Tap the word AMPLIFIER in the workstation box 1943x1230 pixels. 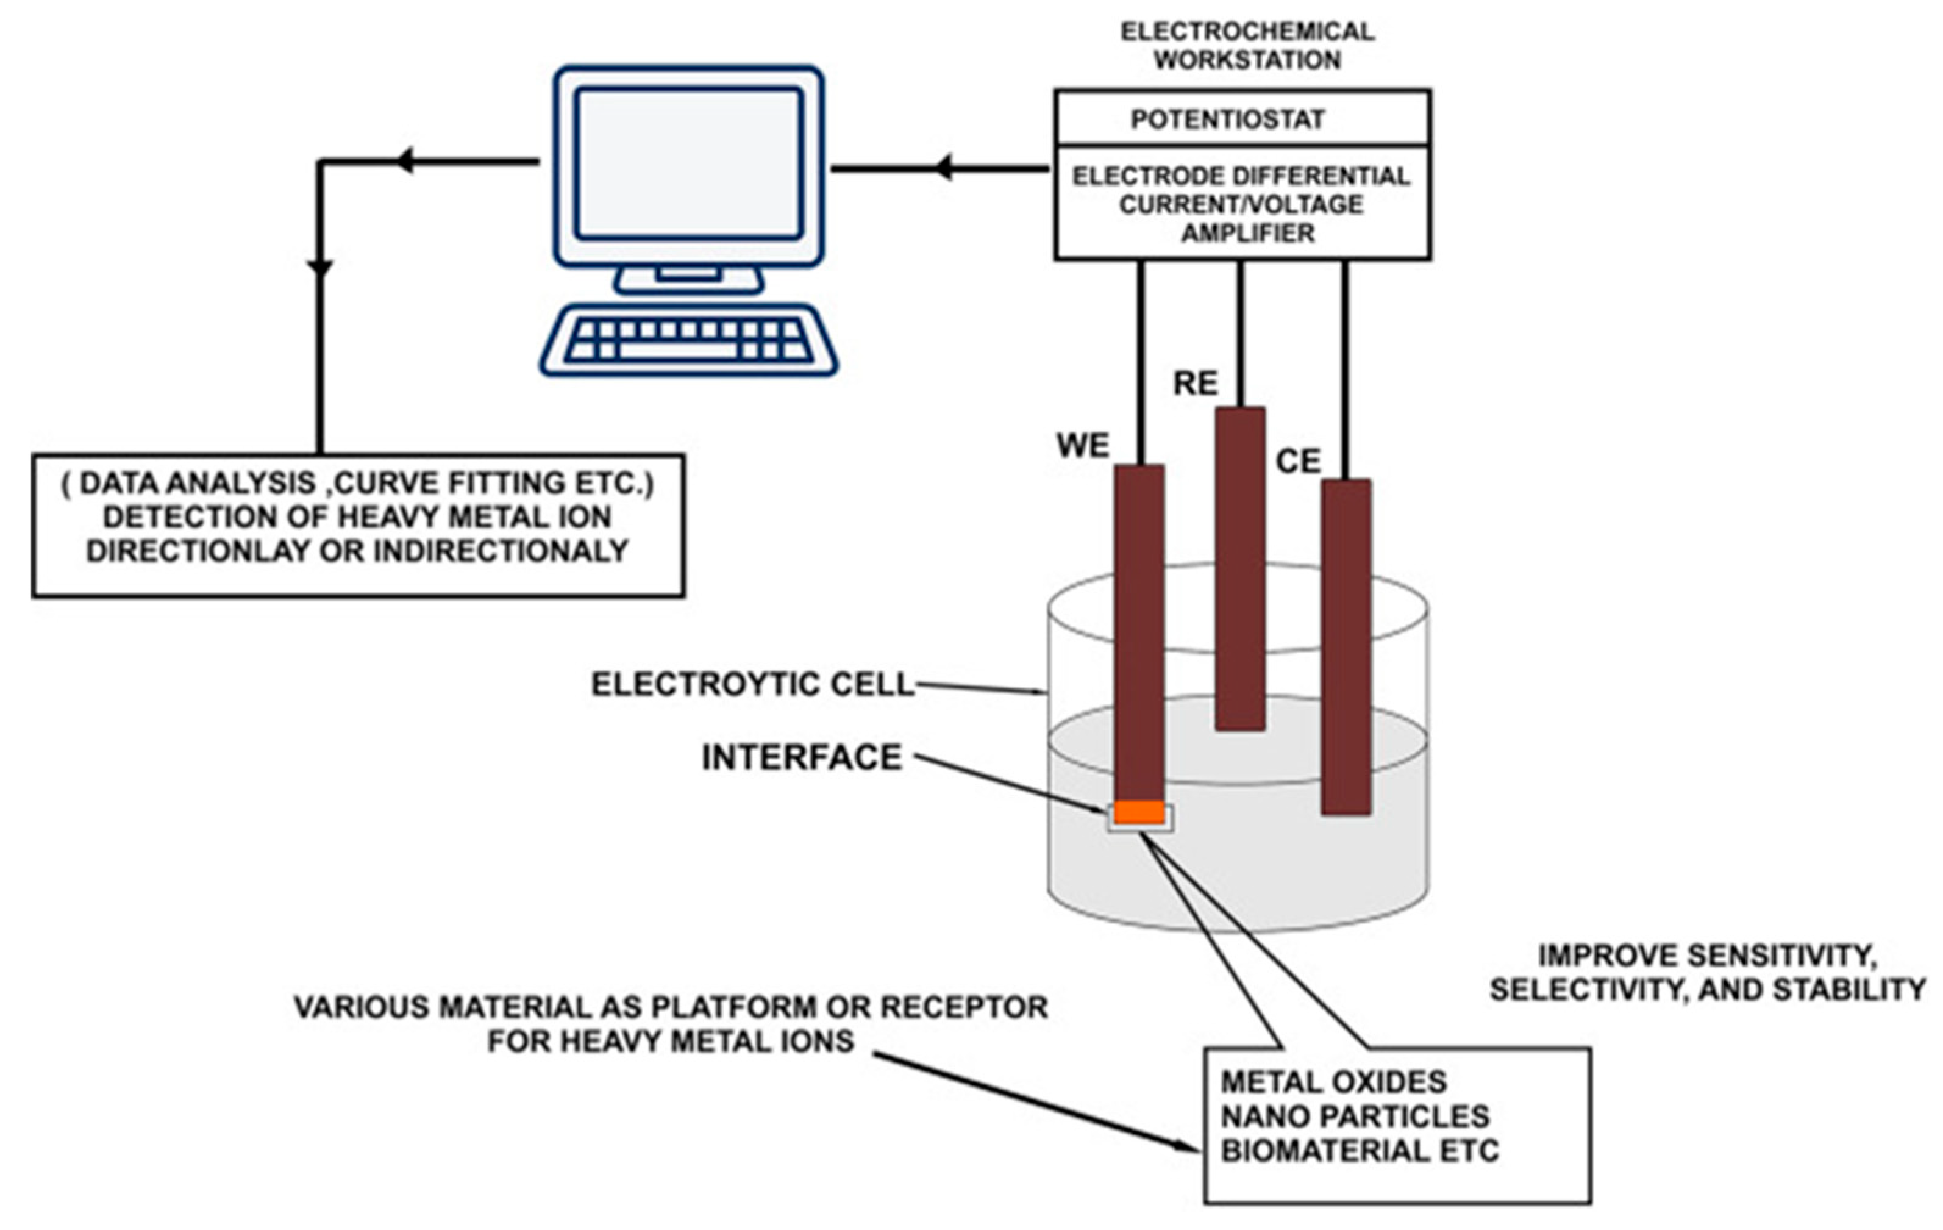click(x=1247, y=233)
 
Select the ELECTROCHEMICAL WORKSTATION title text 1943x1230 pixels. click(x=1247, y=45)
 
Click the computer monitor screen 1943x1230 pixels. click(x=688, y=164)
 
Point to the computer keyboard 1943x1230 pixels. click(x=688, y=341)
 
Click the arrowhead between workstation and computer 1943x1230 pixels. click(x=943, y=168)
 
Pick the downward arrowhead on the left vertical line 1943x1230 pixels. click(x=320, y=269)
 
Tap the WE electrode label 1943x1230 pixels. click(x=1083, y=446)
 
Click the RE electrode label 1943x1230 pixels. click(x=1195, y=384)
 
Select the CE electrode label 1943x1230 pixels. click(x=1299, y=462)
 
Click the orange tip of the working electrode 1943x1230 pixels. click(x=1139, y=812)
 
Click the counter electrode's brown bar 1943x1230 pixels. click(x=1346, y=646)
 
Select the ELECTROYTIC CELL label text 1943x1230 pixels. click(x=753, y=684)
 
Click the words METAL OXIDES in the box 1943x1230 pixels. click(x=1333, y=1081)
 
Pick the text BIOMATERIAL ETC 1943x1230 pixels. click(x=1359, y=1151)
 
